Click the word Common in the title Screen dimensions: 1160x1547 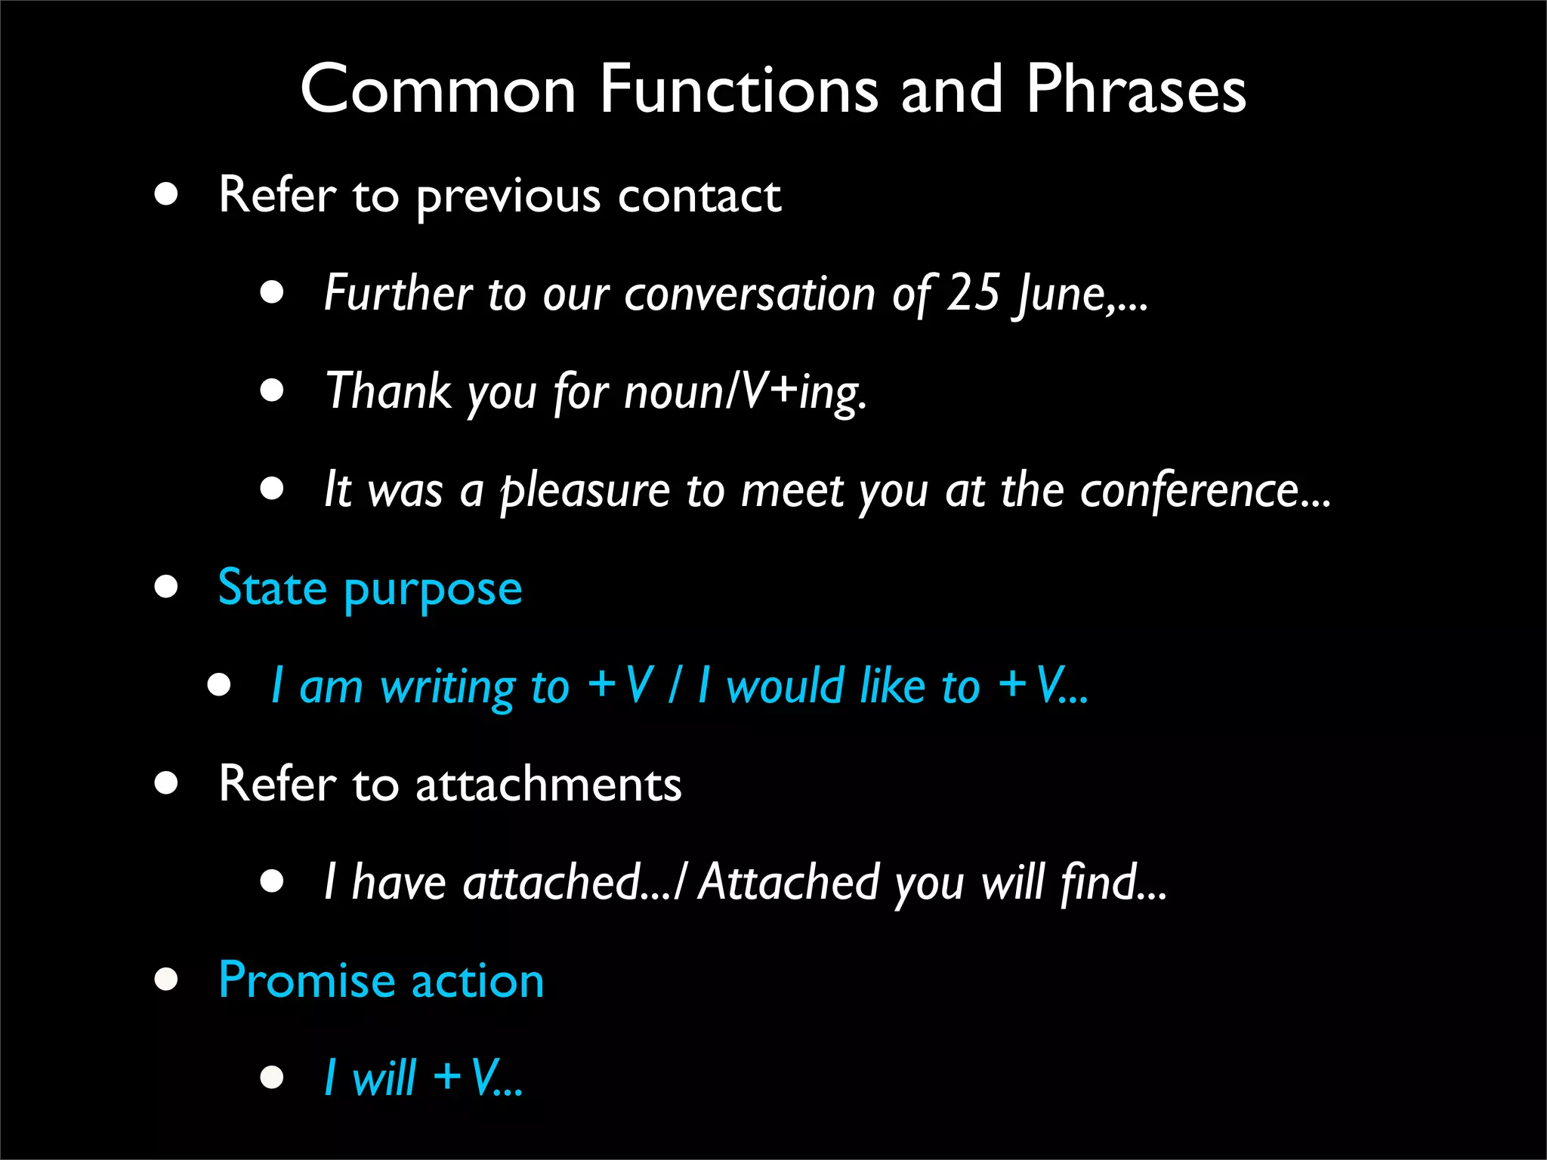click(x=438, y=91)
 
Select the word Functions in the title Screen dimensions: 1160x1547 click(x=739, y=91)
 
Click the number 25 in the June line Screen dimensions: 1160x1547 click(x=974, y=293)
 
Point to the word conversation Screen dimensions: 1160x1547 click(x=750, y=295)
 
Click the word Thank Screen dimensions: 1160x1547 click(x=388, y=391)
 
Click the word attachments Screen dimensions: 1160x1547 click(x=548, y=784)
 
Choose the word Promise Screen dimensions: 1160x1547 click(x=306, y=980)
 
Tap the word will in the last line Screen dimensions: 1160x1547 click(x=384, y=1078)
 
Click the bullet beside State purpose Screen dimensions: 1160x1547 click(x=166, y=587)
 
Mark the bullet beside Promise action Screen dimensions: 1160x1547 click(x=166, y=980)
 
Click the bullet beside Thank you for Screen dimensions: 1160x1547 click(x=272, y=390)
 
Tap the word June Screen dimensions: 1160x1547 click(x=1061, y=295)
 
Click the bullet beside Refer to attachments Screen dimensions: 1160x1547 click(x=166, y=783)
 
